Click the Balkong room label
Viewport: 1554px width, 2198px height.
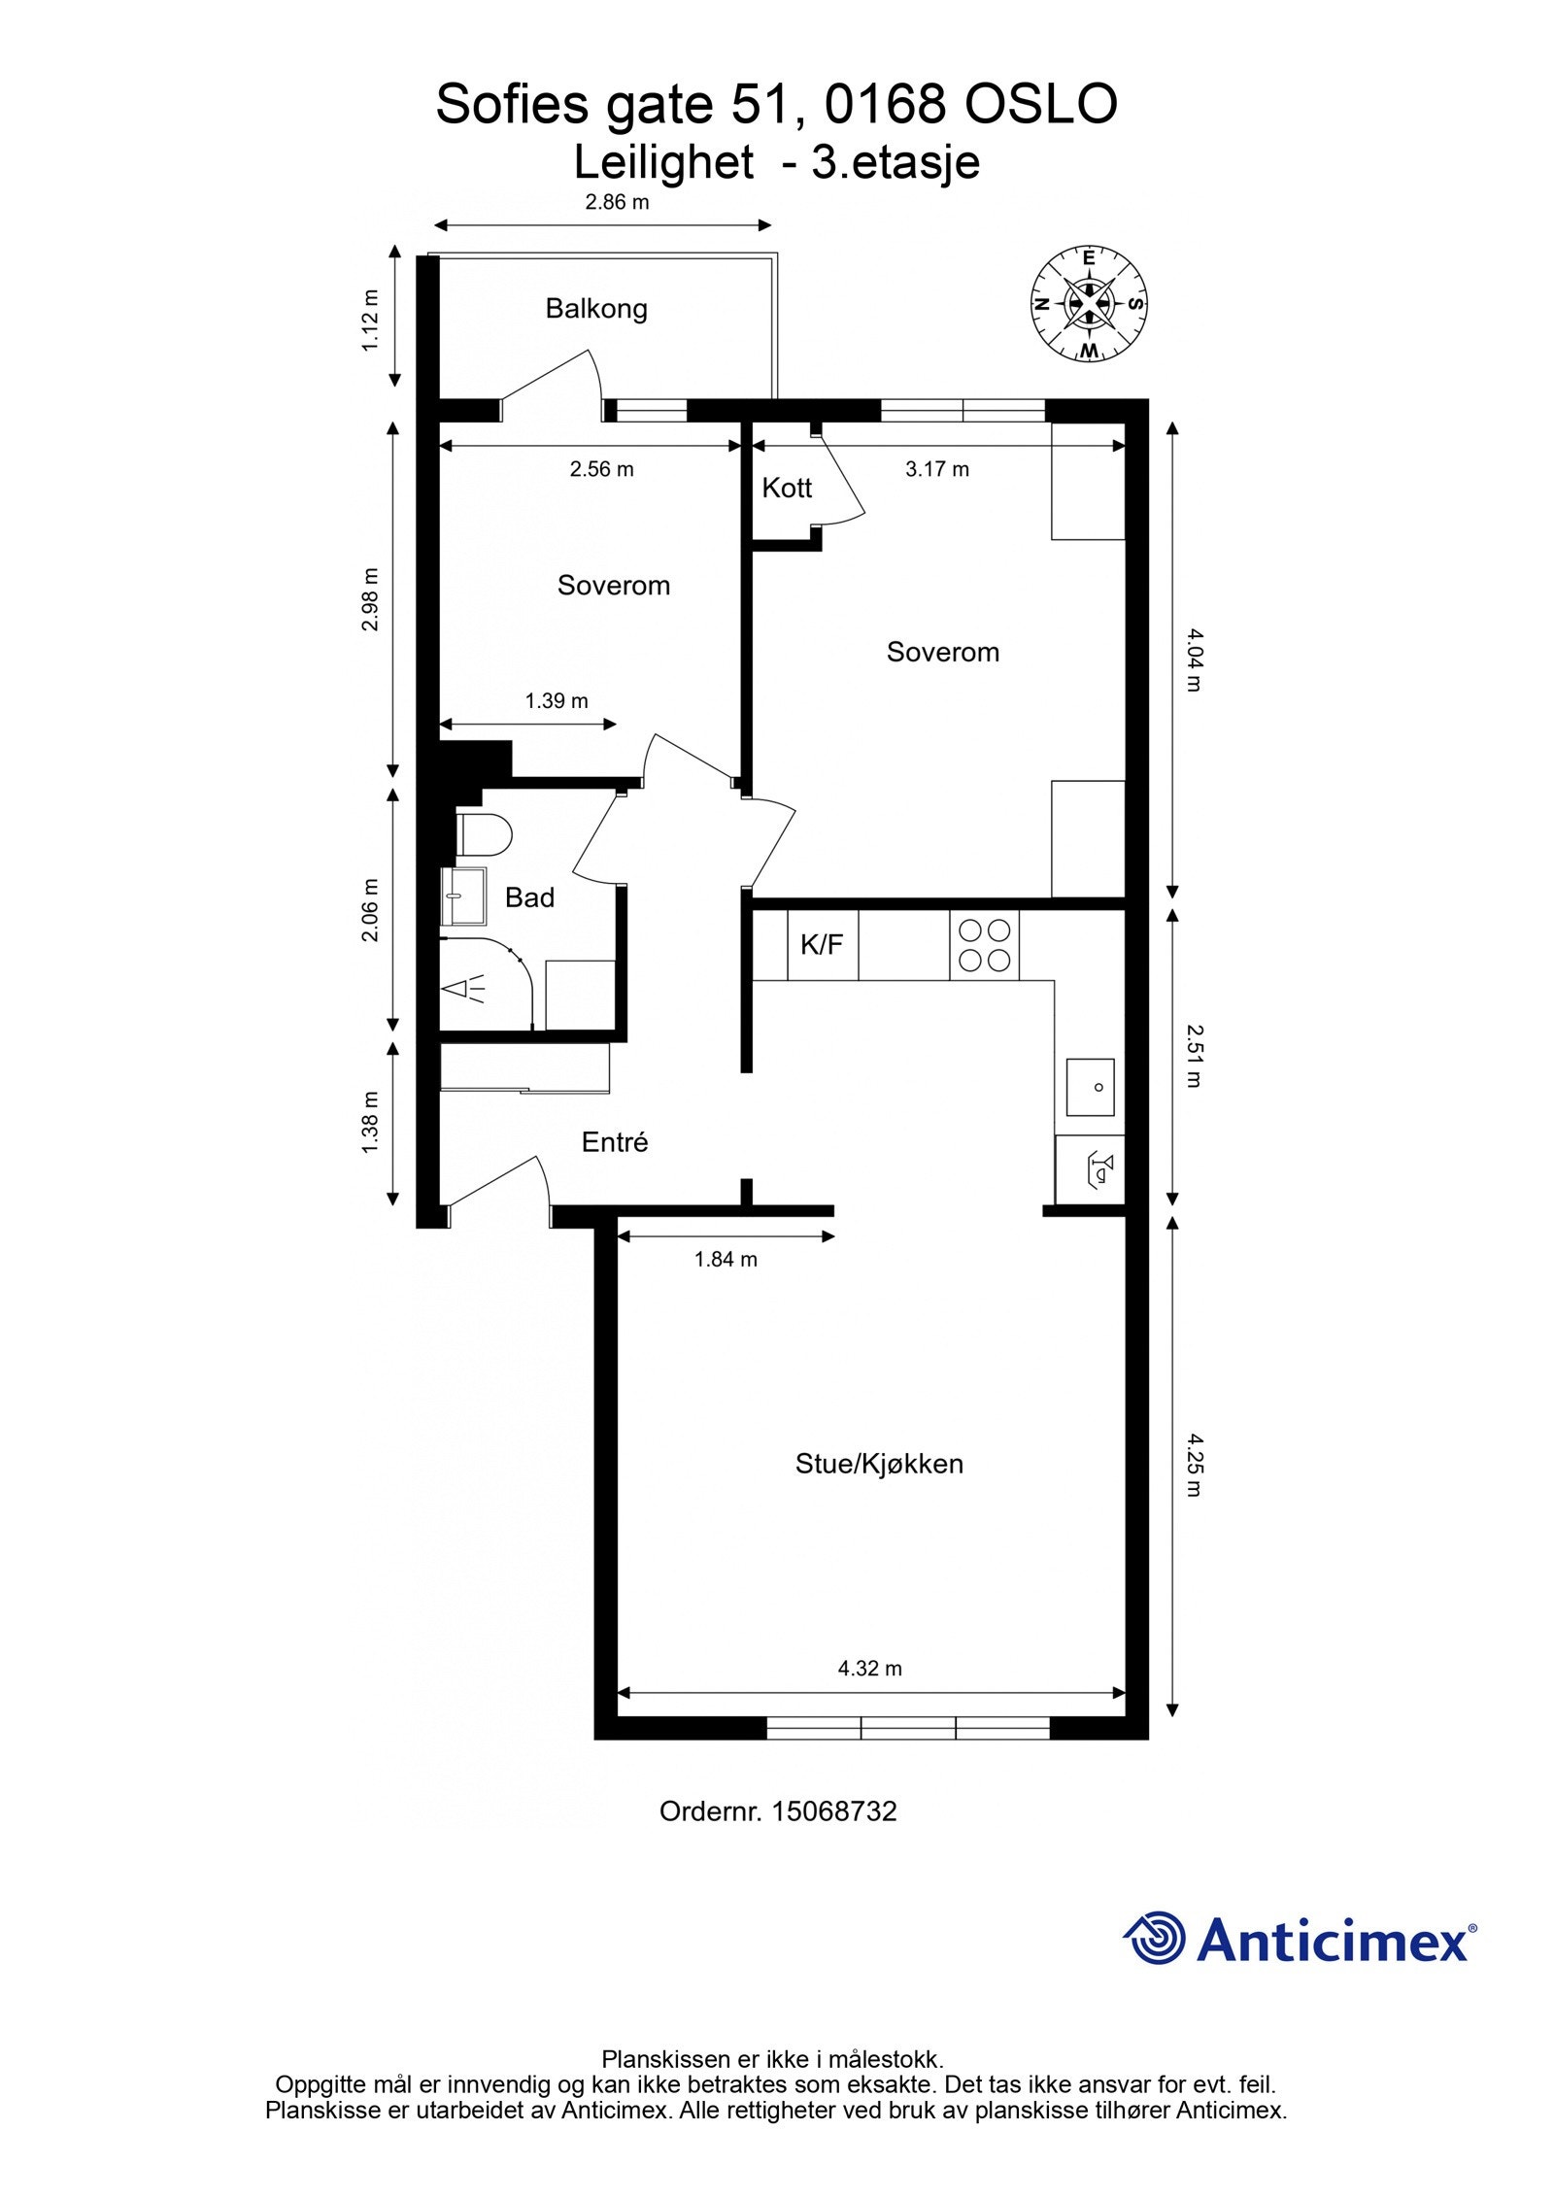point(595,309)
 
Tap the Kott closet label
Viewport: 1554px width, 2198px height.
point(786,488)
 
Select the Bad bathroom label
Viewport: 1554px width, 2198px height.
point(529,897)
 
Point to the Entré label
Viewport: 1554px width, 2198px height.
point(614,1142)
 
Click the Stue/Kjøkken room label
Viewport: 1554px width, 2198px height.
point(879,1464)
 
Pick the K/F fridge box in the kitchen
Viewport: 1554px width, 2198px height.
point(822,944)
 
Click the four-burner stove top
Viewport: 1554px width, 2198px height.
point(984,945)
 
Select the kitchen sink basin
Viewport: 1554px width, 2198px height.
point(1090,1087)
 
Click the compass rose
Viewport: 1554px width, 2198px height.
point(1089,304)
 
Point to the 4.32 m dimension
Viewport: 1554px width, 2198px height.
point(869,1669)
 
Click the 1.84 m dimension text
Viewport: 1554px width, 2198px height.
point(726,1260)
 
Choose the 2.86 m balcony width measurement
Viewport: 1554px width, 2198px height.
point(617,203)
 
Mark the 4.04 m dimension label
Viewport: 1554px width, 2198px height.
point(1194,659)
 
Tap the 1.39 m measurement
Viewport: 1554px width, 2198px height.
point(557,700)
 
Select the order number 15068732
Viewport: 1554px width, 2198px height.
point(833,1811)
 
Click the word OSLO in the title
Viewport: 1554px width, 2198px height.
point(1039,105)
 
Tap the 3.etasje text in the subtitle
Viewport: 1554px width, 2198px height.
point(895,162)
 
